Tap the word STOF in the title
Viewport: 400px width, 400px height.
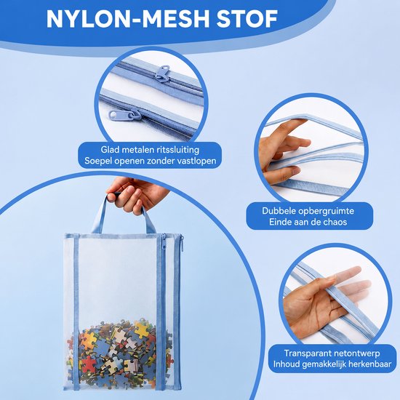[247, 19]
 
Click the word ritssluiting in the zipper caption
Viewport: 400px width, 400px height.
[175, 150]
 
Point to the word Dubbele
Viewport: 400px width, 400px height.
[279, 211]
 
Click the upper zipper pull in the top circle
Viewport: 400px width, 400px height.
[162, 73]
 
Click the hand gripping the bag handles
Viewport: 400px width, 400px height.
[135, 194]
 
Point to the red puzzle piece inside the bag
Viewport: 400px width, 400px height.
[87, 364]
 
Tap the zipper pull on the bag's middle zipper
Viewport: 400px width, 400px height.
[164, 243]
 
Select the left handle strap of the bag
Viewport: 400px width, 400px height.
[99, 215]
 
